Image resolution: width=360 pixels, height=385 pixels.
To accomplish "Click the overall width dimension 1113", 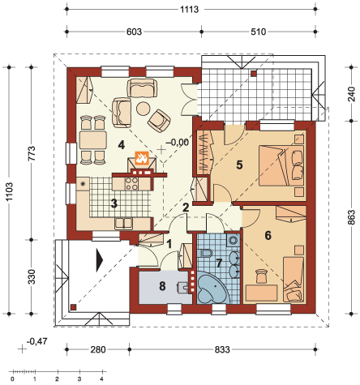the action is point(190,10).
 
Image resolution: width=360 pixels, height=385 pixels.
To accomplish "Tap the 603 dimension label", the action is point(134,32).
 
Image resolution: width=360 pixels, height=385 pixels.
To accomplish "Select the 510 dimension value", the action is point(259,32).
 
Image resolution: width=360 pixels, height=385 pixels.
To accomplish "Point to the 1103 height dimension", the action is point(10,191).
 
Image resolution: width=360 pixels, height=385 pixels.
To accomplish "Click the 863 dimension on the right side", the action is point(351,217).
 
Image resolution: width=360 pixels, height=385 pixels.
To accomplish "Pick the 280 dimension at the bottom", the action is point(98,349).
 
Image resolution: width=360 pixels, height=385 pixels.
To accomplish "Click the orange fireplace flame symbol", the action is point(142,157).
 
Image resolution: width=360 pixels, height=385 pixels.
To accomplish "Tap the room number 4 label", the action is point(122,145).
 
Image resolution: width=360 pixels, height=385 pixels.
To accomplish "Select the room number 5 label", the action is point(239,165).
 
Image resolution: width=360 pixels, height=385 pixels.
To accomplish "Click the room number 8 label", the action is point(162,286).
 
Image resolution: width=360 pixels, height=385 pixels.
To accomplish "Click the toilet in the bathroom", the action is point(207,253).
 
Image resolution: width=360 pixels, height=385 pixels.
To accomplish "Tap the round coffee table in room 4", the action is point(143,109).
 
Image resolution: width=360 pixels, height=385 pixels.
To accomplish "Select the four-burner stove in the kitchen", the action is point(131,184).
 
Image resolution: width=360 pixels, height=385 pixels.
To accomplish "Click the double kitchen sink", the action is point(124,224).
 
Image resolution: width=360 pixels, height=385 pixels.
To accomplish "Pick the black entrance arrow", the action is point(100,260).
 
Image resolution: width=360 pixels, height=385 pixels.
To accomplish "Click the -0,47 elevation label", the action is point(37,341).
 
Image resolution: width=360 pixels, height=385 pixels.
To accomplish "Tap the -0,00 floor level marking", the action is point(177,142).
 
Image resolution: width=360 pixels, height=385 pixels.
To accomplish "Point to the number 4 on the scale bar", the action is point(101,379).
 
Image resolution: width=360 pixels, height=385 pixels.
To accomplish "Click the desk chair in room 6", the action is point(261,276).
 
